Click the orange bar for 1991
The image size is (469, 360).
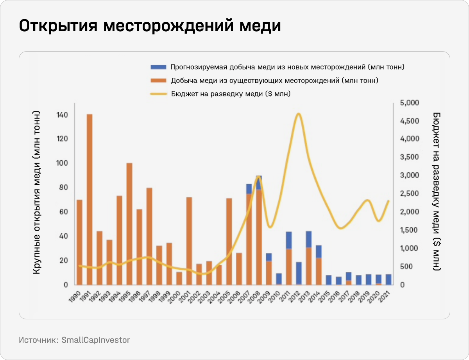tap(90, 199)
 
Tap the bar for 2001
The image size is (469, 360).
tap(189, 241)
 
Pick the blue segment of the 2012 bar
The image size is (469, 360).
tap(299, 273)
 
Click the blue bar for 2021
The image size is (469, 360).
tap(388, 279)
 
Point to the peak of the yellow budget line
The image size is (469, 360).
tap(299, 114)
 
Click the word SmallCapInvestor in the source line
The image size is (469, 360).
tap(96, 340)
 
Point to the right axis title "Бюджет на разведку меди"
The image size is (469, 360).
tap(437, 191)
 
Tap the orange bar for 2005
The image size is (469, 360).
tap(229, 241)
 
